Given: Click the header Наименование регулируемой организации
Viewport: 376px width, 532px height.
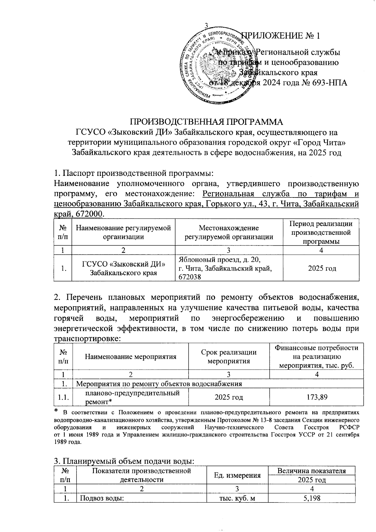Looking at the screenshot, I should coord(123,232).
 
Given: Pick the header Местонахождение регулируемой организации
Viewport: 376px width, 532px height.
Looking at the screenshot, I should coord(229,232).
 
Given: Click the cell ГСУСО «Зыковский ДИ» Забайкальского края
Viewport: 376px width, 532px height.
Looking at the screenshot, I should coord(123,268).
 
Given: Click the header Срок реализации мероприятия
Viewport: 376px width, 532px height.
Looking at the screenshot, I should coord(229,356).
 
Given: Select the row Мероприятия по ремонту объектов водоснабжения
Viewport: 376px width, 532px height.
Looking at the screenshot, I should coord(159,384).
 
